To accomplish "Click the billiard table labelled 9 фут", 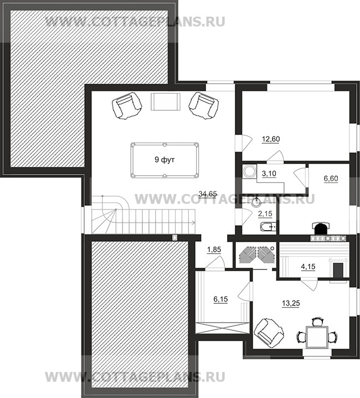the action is click(164, 160).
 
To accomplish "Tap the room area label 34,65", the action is click(208, 194).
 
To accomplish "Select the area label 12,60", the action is click(271, 139).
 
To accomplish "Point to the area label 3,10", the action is click(269, 174).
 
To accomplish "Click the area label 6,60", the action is click(331, 178).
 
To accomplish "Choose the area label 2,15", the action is click(265, 214).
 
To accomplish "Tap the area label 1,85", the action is click(214, 250).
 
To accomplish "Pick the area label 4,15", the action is click(308, 267).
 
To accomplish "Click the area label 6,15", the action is click(220, 299).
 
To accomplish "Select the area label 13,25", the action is click(291, 303).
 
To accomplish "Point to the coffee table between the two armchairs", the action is click(166, 101).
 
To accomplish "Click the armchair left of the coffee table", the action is click(126, 105).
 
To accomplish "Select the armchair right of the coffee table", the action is click(204, 105).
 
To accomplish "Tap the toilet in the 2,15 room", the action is click(269, 226).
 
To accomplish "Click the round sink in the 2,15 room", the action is click(256, 202).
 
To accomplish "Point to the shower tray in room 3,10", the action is click(249, 171).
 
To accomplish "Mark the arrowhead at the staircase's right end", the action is click(194, 223).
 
